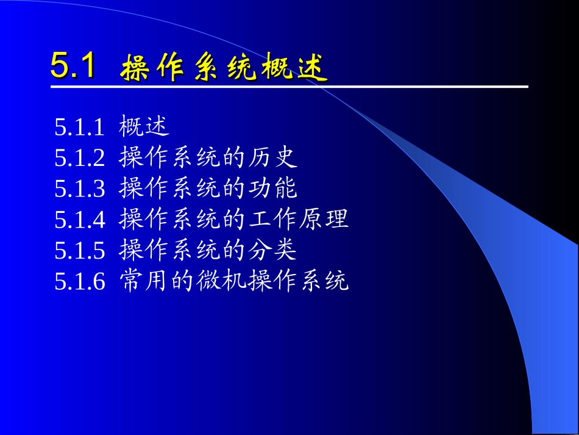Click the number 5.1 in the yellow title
click(73, 66)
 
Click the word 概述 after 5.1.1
click(144, 127)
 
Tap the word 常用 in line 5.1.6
click(144, 281)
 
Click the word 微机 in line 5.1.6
click(221, 281)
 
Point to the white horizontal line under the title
click(289, 87)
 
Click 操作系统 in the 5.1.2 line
click(169, 158)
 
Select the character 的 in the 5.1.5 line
click(234, 250)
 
